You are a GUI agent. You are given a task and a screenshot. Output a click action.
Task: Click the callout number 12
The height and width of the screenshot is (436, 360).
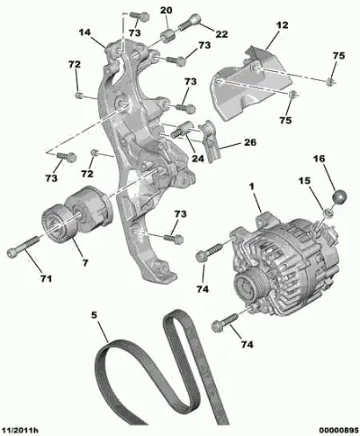tap(282, 25)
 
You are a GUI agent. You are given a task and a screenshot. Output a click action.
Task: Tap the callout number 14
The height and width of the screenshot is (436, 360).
tap(85, 32)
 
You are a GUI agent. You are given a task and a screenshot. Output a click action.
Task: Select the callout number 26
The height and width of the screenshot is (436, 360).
tap(250, 142)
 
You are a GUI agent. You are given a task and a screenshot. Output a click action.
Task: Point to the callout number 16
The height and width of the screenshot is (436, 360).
tap(319, 159)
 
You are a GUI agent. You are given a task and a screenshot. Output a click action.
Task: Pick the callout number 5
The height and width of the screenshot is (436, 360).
tap(94, 315)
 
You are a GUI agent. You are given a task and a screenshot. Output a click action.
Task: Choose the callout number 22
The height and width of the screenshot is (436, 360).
tap(221, 34)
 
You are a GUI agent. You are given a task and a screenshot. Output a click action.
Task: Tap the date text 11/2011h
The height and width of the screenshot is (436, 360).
tap(20, 431)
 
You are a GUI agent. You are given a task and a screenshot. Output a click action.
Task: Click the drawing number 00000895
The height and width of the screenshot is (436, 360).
tap(339, 431)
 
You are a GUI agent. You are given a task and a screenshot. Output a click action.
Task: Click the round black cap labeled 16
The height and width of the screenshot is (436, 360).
tap(339, 196)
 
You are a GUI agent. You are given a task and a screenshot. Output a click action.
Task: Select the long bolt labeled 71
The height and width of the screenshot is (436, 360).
tap(23, 246)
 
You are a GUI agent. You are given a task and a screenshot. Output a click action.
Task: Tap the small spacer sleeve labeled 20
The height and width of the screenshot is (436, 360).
tap(167, 36)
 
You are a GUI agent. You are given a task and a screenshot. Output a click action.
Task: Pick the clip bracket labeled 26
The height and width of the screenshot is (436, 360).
tap(210, 141)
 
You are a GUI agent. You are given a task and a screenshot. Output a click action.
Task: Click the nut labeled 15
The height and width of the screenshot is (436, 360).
tap(328, 213)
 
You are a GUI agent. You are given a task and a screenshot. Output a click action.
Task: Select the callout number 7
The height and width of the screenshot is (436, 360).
tap(85, 263)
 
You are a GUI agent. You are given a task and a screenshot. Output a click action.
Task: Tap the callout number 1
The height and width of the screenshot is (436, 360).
tap(251, 186)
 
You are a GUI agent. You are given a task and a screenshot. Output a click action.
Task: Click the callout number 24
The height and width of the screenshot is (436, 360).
tap(198, 159)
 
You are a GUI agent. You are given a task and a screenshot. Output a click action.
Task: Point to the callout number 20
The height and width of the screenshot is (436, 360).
tap(166, 10)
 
